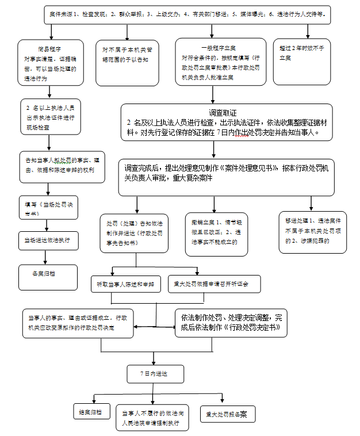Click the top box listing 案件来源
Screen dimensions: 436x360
click(189, 15)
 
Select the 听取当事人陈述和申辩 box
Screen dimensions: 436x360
click(126, 284)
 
